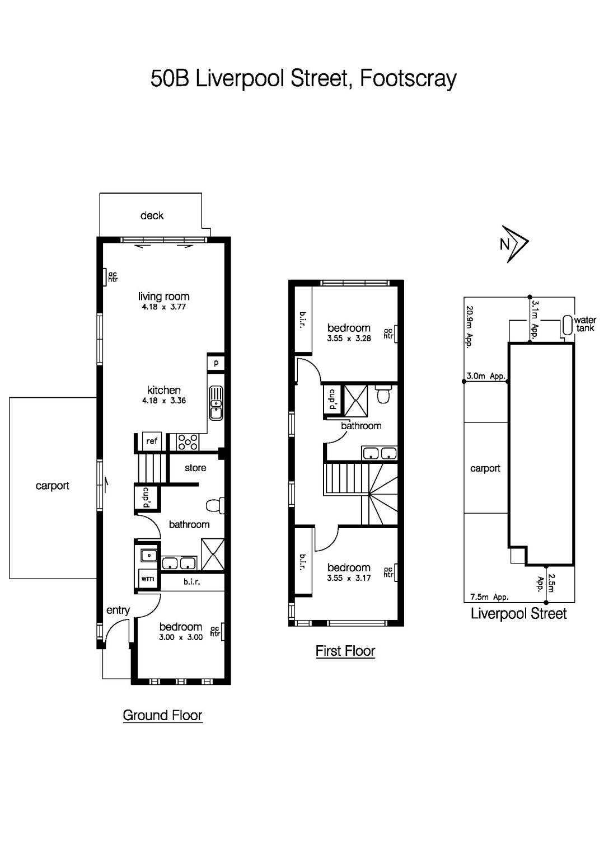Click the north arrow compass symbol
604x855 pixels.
tap(514, 244)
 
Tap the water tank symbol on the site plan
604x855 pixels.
tap(567, 324)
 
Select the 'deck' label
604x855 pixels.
tap(152, 215)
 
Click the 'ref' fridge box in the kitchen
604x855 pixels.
tap(152, 441)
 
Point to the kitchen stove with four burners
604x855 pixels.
tap(187, 442)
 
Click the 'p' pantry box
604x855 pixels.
tap(216, 363)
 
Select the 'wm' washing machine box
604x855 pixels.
tap(147, 579)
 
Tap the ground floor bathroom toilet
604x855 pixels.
tap(214, 505)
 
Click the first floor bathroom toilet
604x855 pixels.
tap(383, 395)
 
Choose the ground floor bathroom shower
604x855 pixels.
tap(213, 555)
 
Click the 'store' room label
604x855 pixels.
tap(195, 468)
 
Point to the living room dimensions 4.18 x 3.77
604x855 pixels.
tap(163, 307)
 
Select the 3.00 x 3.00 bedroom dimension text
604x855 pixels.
tap(181, 637)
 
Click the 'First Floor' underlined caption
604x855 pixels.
tap(345, 651)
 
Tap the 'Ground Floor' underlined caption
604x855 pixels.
tap(162, 715)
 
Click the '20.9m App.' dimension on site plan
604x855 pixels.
tap(470, 326)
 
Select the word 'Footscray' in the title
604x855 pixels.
tap(408, 78)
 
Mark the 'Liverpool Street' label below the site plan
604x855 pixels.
tap(518, 614)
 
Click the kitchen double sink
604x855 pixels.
tap(216, 403)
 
